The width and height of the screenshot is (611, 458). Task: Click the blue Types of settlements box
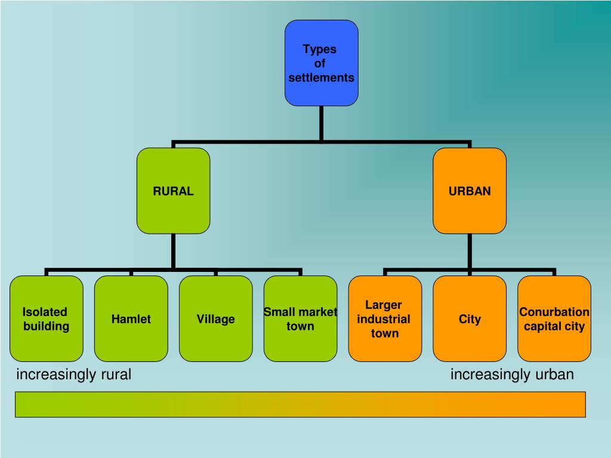click(321, 63)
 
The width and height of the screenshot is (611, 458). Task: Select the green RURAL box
click(173, 191)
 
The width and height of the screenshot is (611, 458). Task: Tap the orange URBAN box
click(470, 191)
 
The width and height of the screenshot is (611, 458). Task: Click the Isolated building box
click(46, 318)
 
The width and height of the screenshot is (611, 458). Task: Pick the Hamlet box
click(131, 318)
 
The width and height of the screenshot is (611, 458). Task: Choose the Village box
click(215, 318)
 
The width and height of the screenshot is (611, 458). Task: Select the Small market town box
click(300, 318)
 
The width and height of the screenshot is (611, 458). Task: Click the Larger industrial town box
click(385, 318)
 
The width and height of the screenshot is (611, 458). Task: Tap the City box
click(470, 318)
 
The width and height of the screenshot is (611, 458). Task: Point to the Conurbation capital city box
click(554, 318)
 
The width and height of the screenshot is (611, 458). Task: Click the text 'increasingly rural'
click(73, 375)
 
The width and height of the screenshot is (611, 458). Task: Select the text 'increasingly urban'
click(512, 375)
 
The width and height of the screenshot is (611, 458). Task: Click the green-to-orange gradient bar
click(300, 404)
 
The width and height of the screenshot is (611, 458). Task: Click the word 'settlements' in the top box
click(321, 78)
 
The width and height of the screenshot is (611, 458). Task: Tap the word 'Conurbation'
click(554, 312)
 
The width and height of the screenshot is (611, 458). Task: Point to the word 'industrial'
click(384, 319)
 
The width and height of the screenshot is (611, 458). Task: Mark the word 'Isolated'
click(45, 312)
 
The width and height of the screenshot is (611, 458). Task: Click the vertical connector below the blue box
click(322, 123)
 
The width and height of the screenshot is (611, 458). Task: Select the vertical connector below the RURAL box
click(173, 251)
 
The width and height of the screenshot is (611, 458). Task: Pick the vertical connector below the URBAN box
click(470, 251)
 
